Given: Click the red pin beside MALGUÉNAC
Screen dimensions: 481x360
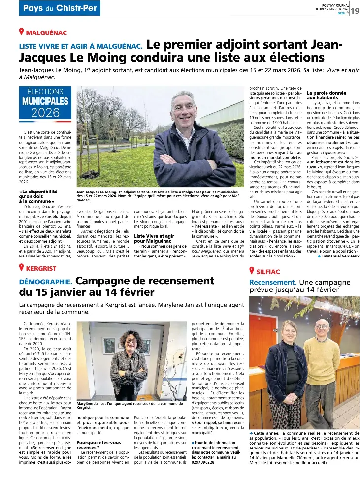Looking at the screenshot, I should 22,32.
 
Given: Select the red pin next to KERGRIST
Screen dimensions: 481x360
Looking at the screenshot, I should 22,268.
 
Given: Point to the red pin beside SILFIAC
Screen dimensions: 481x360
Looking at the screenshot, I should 253,270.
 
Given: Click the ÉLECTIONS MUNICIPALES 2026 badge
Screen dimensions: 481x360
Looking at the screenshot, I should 45,104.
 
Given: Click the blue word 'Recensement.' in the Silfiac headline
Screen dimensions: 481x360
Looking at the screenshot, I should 273,282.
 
